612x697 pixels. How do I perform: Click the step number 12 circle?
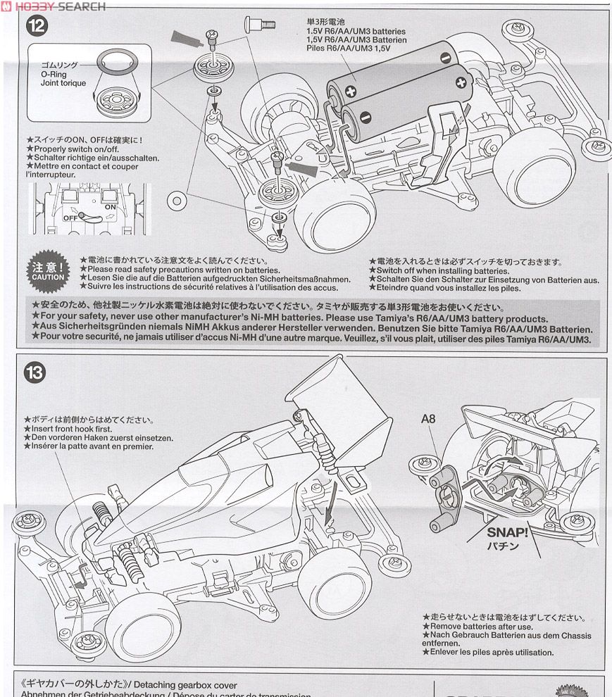pyautogui.click(x=36, y=27)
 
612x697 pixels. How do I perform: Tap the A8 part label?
pyautogui.click(x=429, y=419)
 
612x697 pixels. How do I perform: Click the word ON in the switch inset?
pyautogui.click(x=110, y=207)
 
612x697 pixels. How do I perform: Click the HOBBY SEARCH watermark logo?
pyautogui.click(x=54, y=6)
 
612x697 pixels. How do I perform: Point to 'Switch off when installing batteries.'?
pyautogui.click(x=442, y=271)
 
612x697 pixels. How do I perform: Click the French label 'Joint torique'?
pyautogui.click(x=63, y=83)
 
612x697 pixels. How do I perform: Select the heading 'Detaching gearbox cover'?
pyautogui.click(x=186, y=685)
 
